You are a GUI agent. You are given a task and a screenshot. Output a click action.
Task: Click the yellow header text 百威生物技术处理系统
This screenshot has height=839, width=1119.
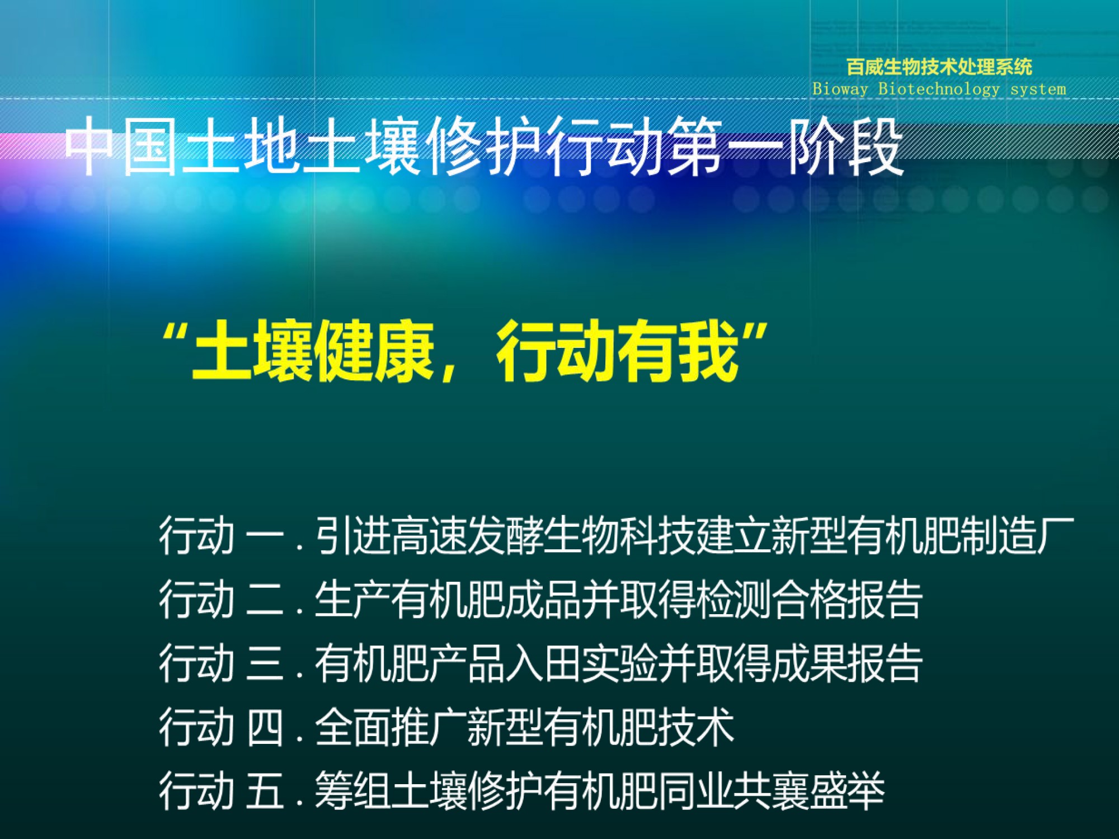939,67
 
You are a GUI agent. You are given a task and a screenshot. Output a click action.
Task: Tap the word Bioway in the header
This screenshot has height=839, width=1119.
840,89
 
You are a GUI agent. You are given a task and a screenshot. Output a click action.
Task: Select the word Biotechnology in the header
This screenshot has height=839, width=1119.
939,89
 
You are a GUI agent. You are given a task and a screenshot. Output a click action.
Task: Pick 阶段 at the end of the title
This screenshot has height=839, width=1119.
845,147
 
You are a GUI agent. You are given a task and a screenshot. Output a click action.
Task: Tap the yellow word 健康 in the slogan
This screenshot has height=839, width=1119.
374,352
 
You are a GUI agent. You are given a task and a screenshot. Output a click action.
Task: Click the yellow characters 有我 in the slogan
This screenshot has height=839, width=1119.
678,352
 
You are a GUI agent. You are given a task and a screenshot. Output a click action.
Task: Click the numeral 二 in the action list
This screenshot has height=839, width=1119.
265,600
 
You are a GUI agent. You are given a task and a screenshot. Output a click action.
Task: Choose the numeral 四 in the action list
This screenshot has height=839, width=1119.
265,727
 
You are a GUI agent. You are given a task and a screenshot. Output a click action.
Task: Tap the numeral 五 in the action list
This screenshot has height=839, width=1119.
265,790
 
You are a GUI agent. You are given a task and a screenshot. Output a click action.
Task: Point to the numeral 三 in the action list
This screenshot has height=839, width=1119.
265,663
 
